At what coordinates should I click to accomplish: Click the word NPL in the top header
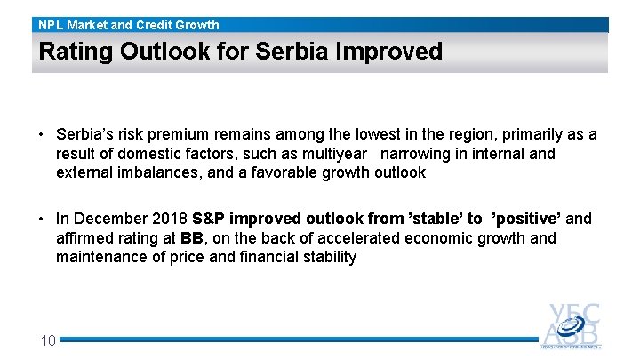(x=52, y=25)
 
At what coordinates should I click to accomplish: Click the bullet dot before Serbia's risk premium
(x=41, y=135)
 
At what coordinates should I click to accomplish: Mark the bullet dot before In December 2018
(x=41, y=219)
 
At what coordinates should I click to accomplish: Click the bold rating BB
(x=192, y=238)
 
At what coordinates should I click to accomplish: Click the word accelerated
(x=356, y=238)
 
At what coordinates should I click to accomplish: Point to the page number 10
(x=48, y=340)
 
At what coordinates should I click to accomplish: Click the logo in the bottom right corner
(x=573, y=326)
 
